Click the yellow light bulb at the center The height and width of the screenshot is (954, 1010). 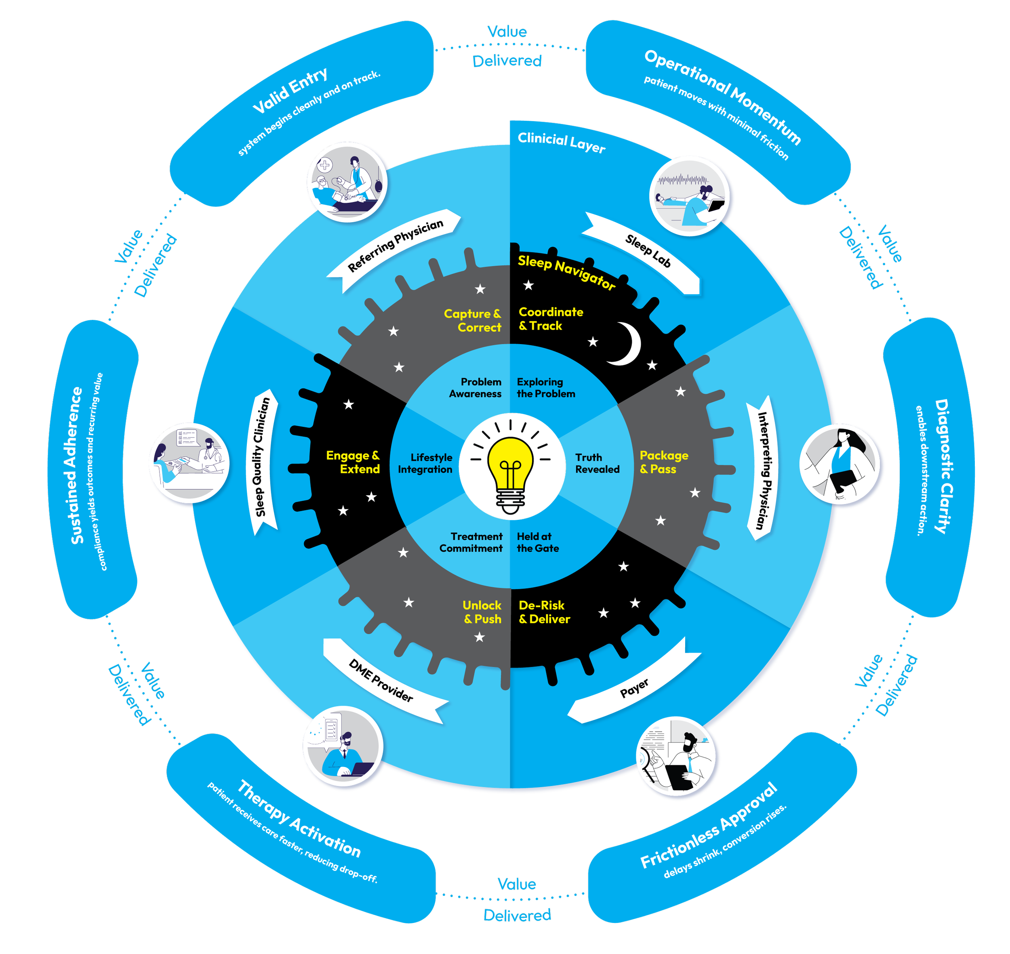pyautogui.click(x=510, y=465)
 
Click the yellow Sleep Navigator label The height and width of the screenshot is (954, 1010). pyautogui.click(x=566, y=272)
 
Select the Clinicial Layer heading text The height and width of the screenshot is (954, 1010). pyautogui.click(x=561, y=143)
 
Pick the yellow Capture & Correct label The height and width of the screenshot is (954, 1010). pyautogui.click(x=472, y=320)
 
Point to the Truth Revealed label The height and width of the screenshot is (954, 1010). pyautogui.click(x=597, y=463)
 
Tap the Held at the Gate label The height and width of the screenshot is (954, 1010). pyautogui.click(x=538, y=542)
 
